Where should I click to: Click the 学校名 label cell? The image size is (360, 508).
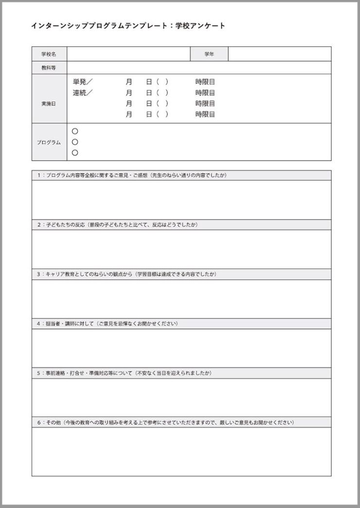[x=49, y=54]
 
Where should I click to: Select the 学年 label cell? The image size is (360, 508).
[x=209, y=54]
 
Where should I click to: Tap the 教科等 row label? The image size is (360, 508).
[x=49, y=68]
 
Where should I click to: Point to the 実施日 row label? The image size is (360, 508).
[x=49, y=104]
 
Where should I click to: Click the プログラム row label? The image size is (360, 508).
[x=49, y=142]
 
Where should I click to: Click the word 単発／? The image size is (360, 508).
[x=83, y=82]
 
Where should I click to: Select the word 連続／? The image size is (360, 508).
[x=83, y=92]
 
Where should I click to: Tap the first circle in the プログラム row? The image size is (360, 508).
[x=75, y=131]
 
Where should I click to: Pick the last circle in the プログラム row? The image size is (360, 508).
[x=75, y=153]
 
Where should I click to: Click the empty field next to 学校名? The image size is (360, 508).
[x=128, y=54]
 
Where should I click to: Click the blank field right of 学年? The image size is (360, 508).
[x=279, y=54]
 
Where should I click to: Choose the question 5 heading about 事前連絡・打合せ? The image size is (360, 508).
[x=124, y=373]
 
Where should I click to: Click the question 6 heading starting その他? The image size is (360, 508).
[x=165, y=422]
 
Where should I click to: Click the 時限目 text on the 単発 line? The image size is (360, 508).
[x=205, y=82]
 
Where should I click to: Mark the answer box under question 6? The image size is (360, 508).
[x=181, y=452]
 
